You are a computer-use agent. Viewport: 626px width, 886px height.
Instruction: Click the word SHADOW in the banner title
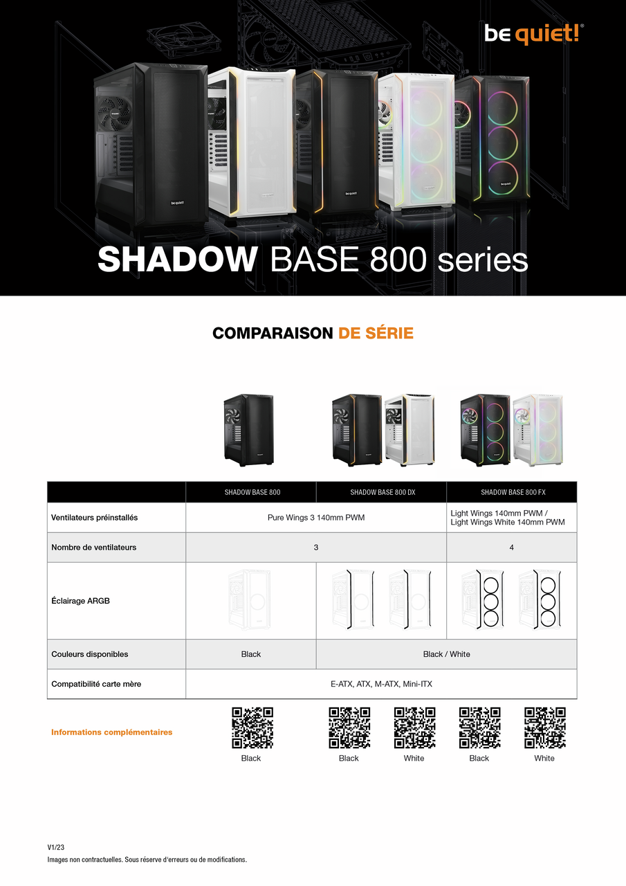coord(177,260)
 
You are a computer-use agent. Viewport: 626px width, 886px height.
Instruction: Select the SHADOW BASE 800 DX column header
coord(382,492)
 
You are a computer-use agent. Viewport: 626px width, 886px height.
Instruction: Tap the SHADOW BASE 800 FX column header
coord(513,492)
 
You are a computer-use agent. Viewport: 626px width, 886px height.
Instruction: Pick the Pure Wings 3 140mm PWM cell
coord(316,518)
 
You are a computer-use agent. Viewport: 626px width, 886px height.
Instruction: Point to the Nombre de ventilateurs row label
coord(94,548)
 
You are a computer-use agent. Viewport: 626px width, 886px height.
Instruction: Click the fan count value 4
coord(512,548)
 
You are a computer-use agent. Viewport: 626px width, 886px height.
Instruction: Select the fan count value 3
coord(316,548)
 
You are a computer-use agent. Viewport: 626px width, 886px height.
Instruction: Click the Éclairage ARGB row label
coord(81,601)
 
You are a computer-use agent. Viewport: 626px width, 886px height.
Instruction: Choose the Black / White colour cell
coord(446,654)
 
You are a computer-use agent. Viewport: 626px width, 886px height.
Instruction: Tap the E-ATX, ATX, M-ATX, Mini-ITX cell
coord(381,684)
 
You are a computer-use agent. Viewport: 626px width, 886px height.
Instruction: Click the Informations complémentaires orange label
coord(112,732)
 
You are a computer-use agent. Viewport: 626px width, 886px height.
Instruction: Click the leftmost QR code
coord(252,727)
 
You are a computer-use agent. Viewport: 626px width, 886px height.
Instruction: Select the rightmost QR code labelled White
coord(544,727)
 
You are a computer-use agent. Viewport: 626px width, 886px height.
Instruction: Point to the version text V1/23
coord(56,847)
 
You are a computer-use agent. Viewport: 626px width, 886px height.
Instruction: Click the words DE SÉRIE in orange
coord(376,334)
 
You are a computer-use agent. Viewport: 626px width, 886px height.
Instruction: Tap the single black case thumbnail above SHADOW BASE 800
coord(249,430)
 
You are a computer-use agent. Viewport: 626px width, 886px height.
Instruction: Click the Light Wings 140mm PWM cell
coord(508,518)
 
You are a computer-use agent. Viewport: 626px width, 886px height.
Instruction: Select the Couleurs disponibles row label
coord(90,654)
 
